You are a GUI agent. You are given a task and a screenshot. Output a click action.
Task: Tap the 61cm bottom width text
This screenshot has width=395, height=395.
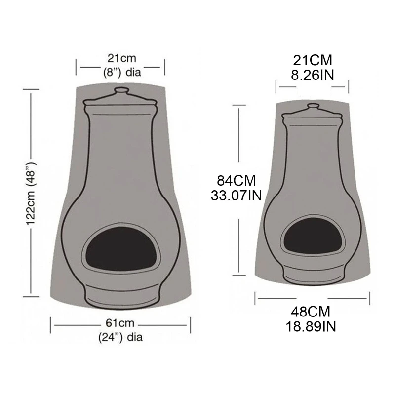[x=120, y=324]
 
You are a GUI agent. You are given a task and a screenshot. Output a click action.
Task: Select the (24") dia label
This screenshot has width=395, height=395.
[x=120, y=338]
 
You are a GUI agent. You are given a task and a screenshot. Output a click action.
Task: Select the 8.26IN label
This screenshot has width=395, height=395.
[x=312, y=74]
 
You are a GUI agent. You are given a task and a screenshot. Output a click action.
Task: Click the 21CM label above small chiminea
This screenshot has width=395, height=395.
[x=312, y=60]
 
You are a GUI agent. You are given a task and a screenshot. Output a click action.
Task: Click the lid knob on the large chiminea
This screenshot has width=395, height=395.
[x=120, y=91]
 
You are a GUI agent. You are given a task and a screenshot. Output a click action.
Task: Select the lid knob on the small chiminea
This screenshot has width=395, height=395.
[x=312, y=106]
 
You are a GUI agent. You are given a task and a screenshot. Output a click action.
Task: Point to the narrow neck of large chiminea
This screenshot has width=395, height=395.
[x=120, y=148]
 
